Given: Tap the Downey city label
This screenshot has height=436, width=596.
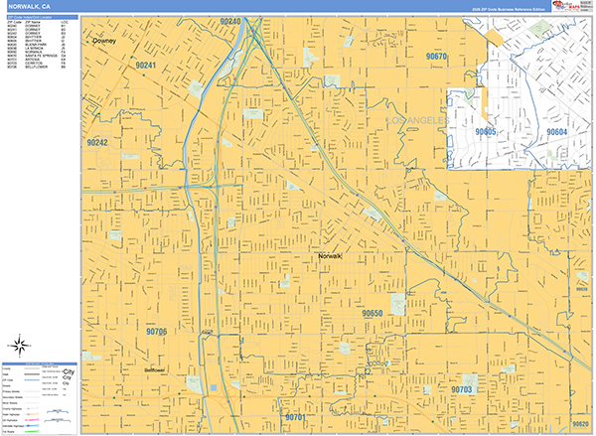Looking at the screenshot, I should pyautogui.click(x=103, y=42).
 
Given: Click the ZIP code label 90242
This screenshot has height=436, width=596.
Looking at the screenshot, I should pyautogui.click(x=96, y=143).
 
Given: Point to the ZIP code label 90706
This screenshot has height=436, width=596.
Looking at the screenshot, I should pyautogui.click(x=155, y=331).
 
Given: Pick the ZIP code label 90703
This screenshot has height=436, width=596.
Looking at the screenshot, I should pyautogui.click(x=461, y=390).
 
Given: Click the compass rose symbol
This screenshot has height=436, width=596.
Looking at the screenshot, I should pyautogui.click(x=19, y=347).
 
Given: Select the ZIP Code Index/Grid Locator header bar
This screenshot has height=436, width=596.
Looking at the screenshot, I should pyautogui.click(x=40, y=17).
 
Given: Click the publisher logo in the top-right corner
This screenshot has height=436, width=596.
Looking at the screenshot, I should pyautogui.click(x=573, y=6).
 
